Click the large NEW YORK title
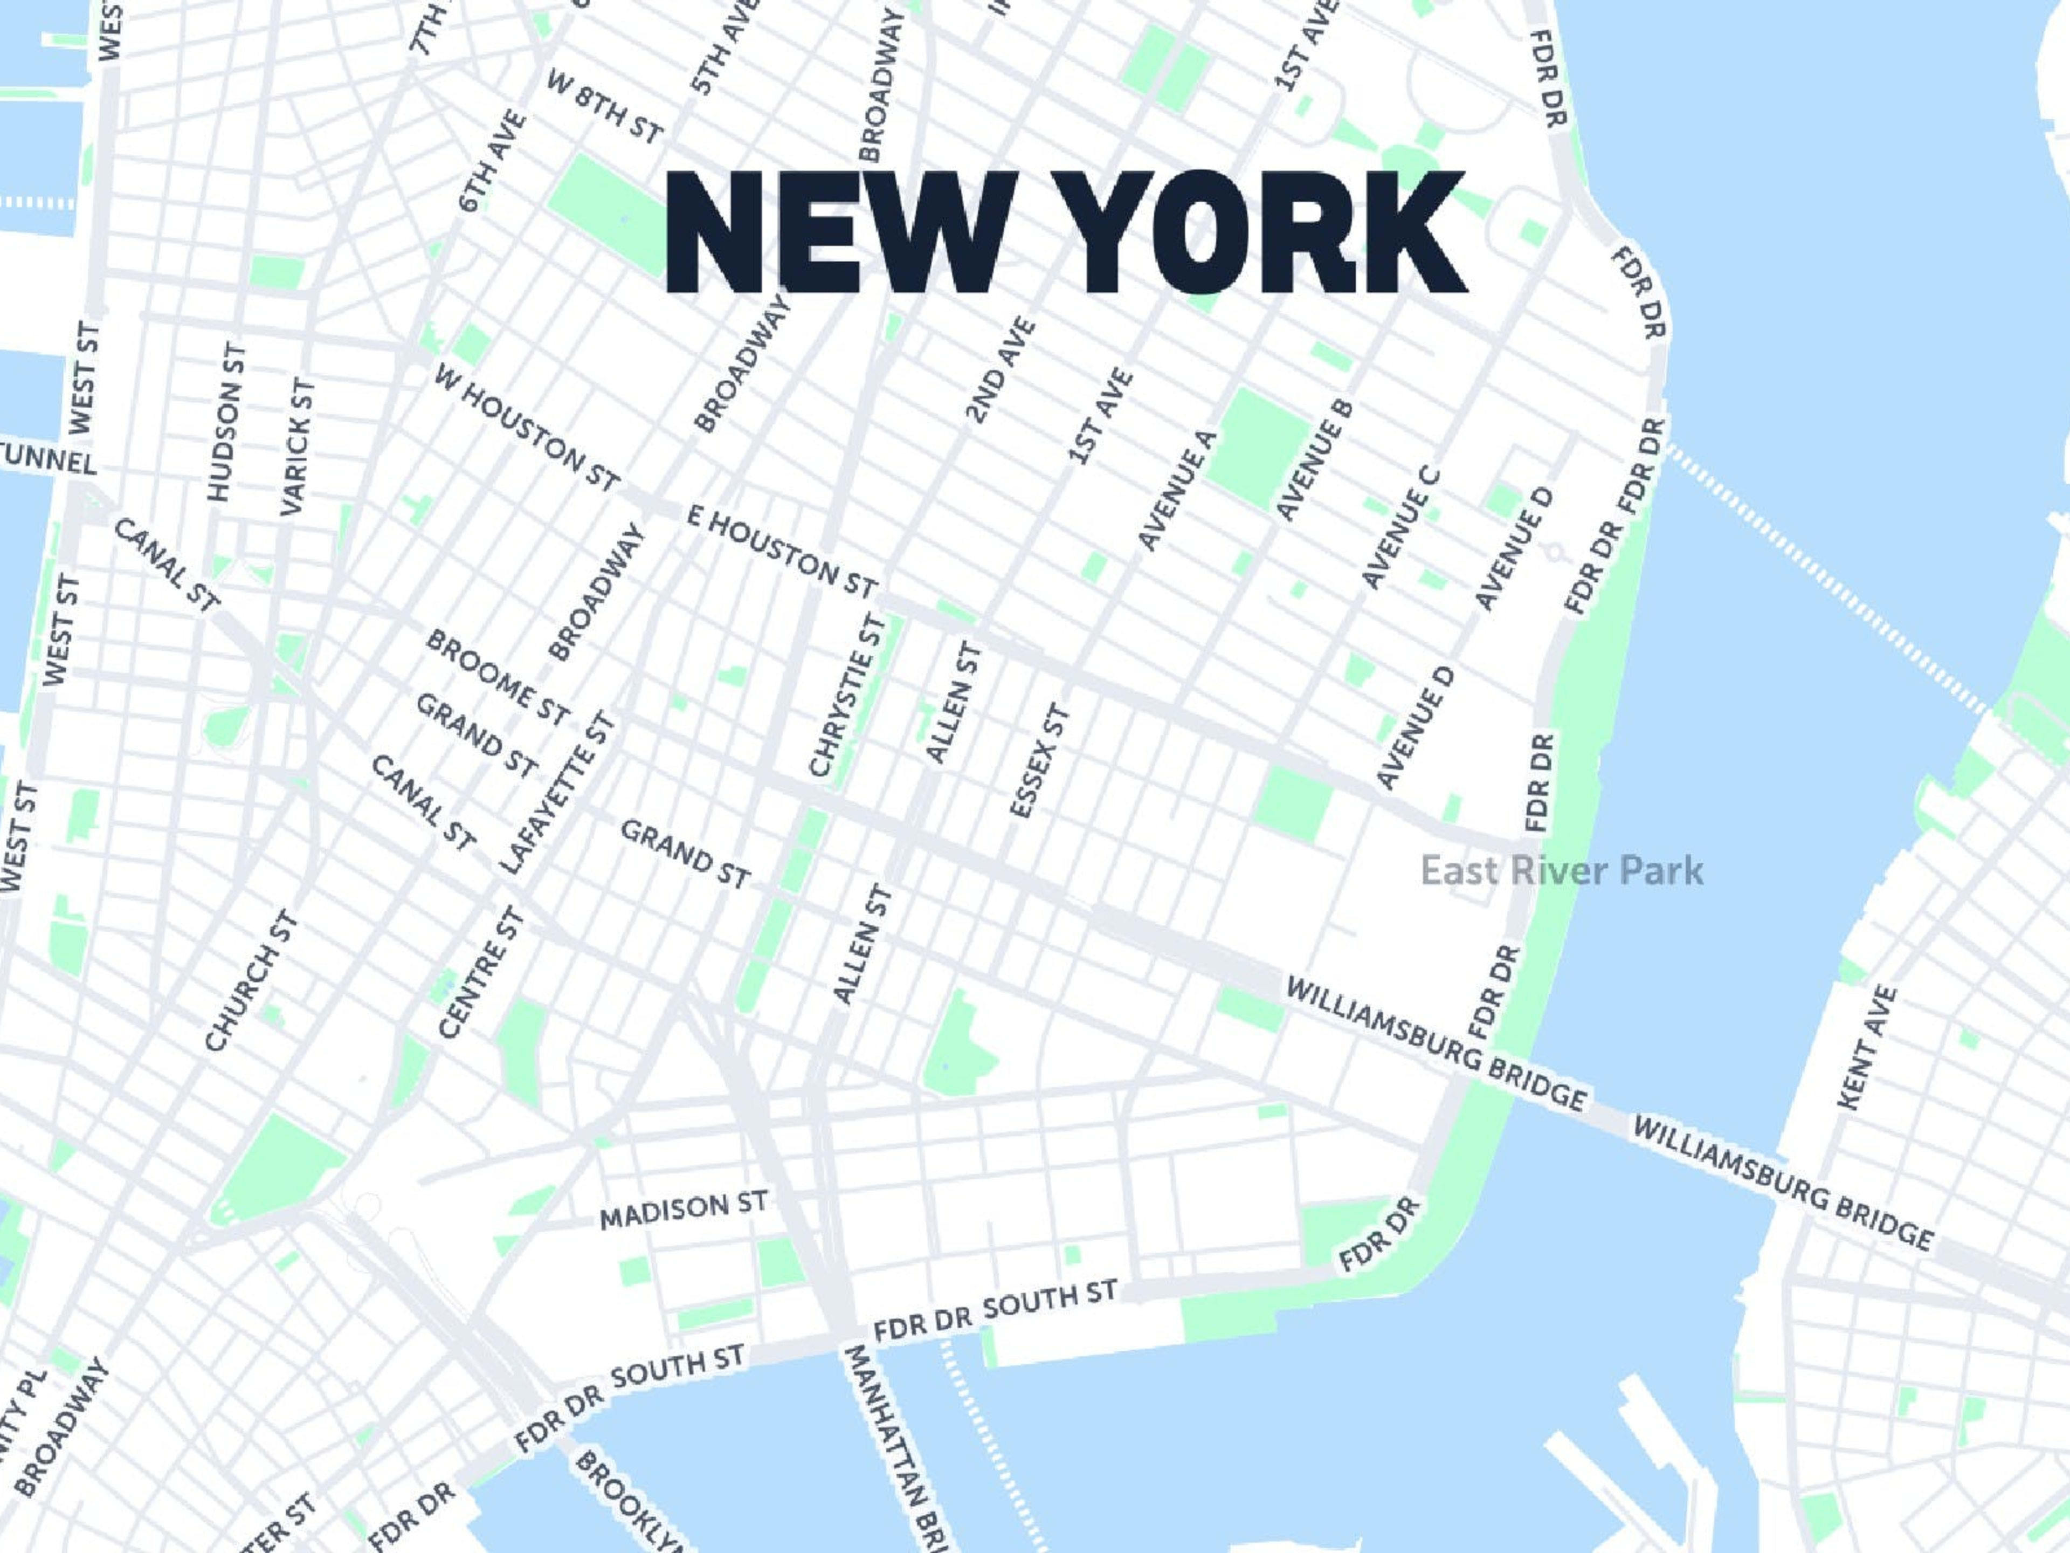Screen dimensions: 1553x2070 coord(1065,232)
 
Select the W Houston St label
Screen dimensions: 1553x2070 coord(527,428)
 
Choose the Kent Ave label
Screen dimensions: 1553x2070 coord(1868,1048)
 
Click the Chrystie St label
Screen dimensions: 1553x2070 coord(846,696)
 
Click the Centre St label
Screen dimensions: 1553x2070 coord(481,973)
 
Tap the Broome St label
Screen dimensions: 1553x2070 coord(497,678)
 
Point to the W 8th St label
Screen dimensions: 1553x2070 coord(604,108)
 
